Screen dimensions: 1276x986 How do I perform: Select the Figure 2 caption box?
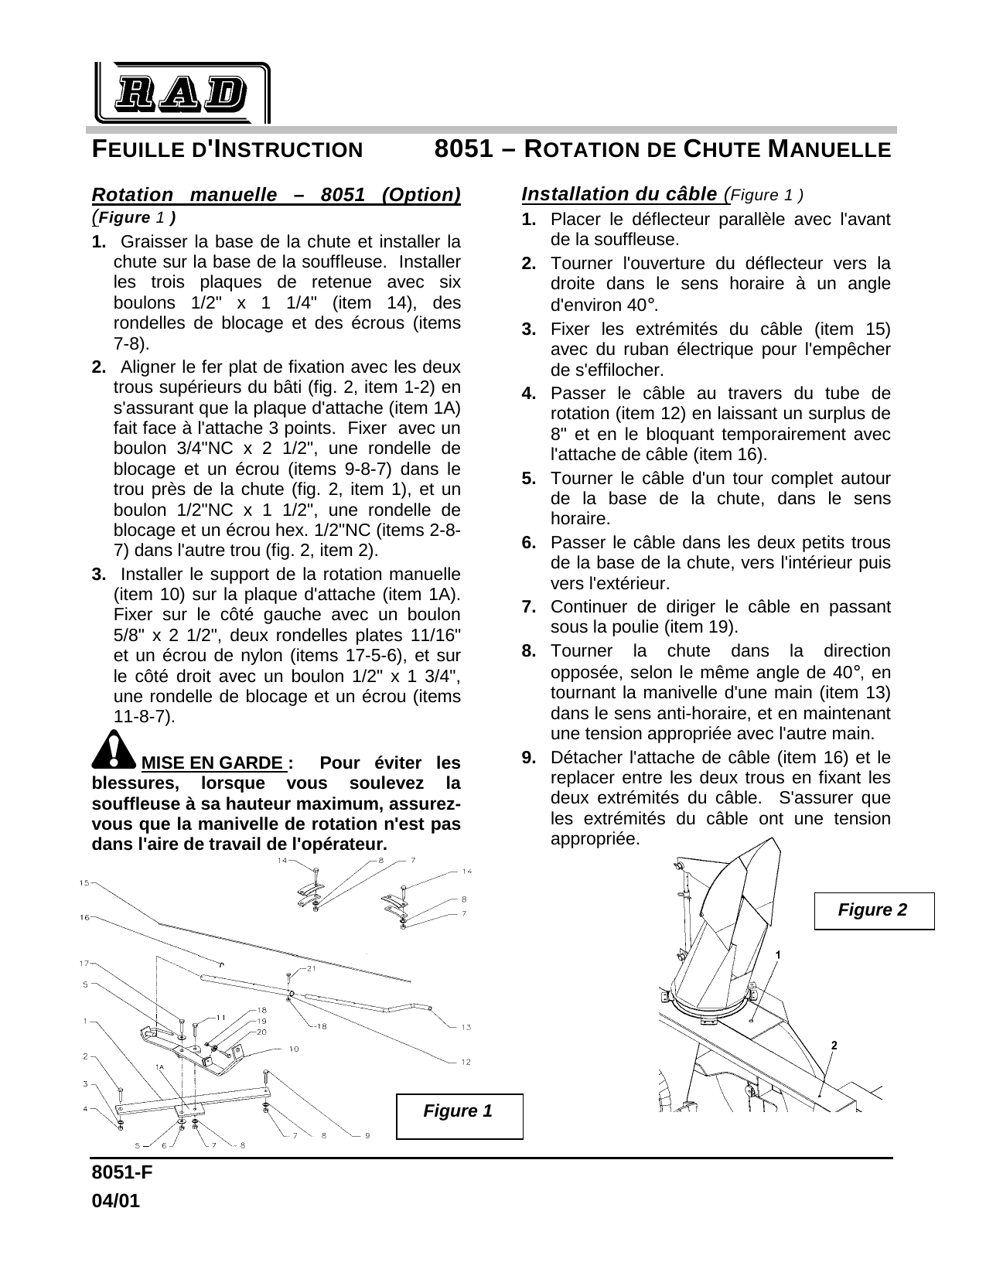pyautogui.click(x=873, y=909)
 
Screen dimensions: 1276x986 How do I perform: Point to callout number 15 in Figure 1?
pyautogui.click(x=84, y=882)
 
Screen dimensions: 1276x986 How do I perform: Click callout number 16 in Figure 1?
pyautogui.click(x=84, y=917)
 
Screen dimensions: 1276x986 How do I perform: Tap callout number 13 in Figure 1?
pyautogui.click(x=466, y=1027)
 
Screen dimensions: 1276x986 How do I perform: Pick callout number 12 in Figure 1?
pyautogui.click(x=466, y=1062)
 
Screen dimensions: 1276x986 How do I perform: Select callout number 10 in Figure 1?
pyautogui.click(x=293, y=1049)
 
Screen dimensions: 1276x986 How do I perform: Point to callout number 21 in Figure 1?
pyautogui.click(x=312, y=968)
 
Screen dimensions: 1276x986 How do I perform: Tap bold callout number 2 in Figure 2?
pyautogui.click(x=834, y=1046)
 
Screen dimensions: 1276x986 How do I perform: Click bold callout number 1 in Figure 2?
pyautogui.click(x=777, y=955)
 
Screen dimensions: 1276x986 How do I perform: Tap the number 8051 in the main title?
pyautogui.click(x=464, y=148)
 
